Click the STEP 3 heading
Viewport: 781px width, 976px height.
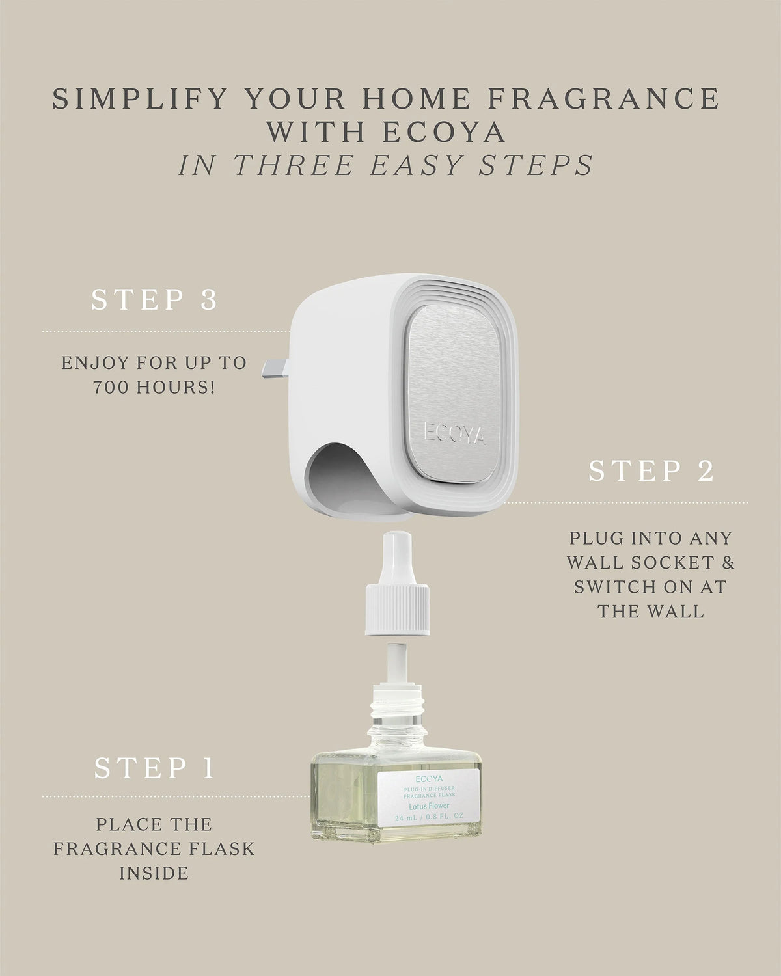(154, 300)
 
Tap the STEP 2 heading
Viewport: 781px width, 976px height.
(651, 470)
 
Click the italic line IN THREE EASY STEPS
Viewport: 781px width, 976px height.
(385, 165)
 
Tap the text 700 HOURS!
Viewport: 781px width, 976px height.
(154, 388)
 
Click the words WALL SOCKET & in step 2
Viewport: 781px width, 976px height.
(651, 563)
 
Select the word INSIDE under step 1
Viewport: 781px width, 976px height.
(154, 873)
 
